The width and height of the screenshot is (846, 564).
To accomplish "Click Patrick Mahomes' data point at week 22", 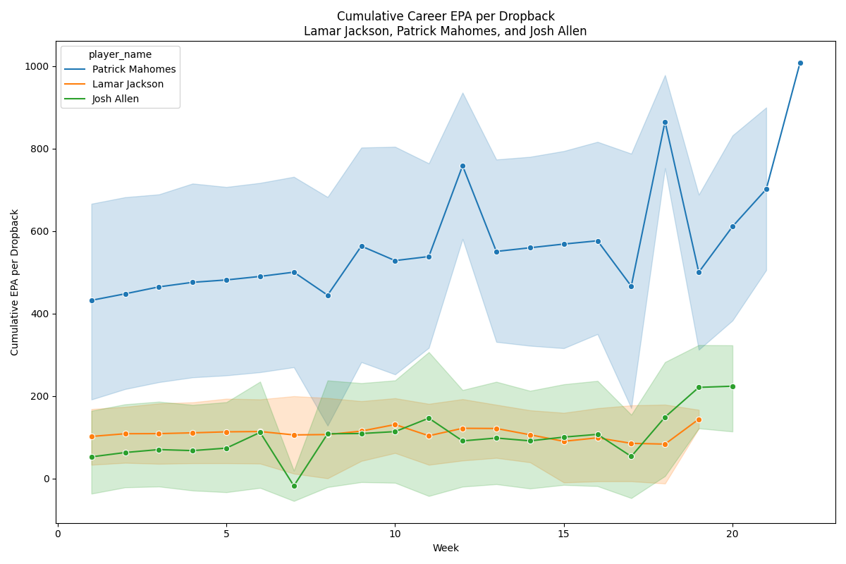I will click(x=800, y=63).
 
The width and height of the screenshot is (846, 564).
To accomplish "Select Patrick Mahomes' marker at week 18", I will click(x=665, y=122).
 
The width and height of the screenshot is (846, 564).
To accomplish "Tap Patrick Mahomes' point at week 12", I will click(x=462, y=166).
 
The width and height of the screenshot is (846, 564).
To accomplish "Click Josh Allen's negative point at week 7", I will click(x=294, y=486).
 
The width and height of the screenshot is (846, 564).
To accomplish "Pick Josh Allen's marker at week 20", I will click(x=732, y=386).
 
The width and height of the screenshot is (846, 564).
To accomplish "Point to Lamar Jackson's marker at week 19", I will click(x=699, y=419).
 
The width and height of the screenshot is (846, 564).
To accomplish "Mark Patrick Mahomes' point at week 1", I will click(x=92, y=300).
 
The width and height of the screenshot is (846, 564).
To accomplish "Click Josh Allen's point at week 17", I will click(x=631, y=456).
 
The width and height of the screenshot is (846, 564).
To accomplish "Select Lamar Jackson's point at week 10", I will click(x=395, y=424).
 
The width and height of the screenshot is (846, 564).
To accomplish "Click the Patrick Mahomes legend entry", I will click(x=134, y=70).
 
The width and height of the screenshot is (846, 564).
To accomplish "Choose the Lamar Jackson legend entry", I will click(x=128, y=84).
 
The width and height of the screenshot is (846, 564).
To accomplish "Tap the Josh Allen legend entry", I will click(x=116, y=99).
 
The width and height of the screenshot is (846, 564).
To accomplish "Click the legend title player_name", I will click(x=120, y=54).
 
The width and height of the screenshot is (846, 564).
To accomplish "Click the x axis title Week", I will click(x=446, y=548).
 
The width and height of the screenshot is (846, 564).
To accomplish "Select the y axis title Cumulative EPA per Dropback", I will click(x=15, y=282).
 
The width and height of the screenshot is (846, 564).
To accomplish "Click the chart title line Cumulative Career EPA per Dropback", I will click(x=446, y=16).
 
